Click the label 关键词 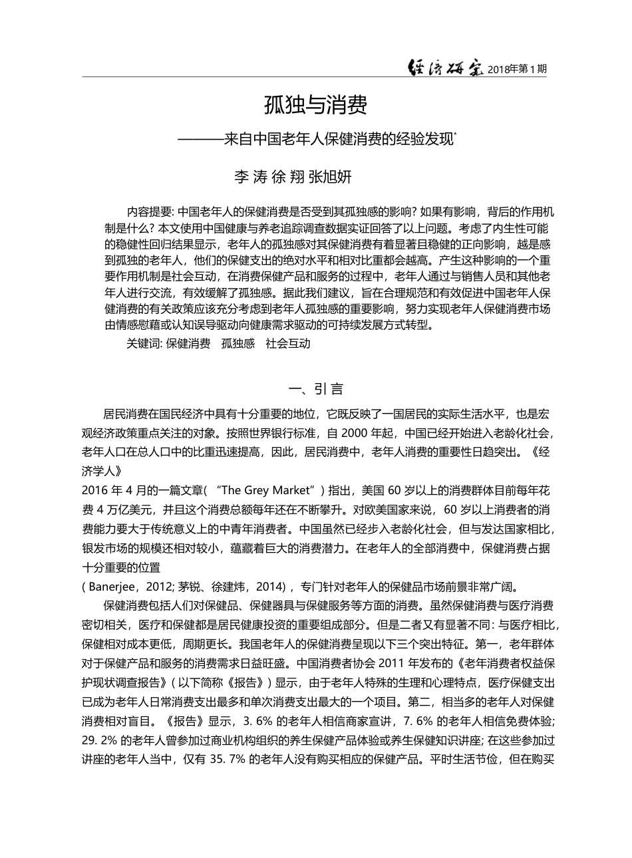[x=144, y=344]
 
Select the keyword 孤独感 [x=238, y=344]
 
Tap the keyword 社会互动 [x=287, y=344]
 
